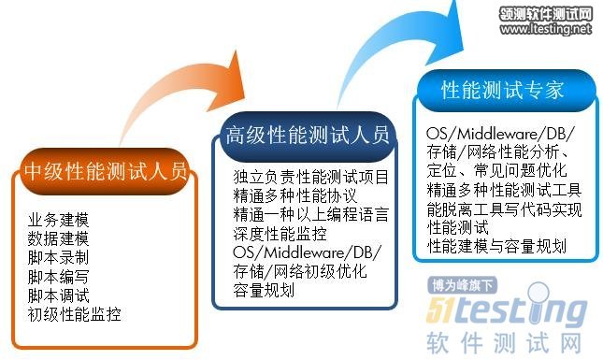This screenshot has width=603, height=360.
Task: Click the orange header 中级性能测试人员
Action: pos(106,171)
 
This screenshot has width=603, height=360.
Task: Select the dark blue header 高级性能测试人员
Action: pos(308,137)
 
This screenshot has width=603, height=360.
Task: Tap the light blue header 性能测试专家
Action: pos(502,91)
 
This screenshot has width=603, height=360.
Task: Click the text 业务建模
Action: pos(59,220)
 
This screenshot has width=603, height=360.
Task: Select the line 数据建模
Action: pos(59,238)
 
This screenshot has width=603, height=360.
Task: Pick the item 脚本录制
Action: pos(59,258)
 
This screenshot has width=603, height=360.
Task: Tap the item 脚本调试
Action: pos(59,295)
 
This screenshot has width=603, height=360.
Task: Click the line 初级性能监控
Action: pos(74,314)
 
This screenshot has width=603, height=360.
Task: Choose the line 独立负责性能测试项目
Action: pos(311,177)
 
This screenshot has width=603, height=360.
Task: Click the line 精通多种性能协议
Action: pos(295,195)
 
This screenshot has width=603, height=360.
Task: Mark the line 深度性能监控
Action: pos(280,234)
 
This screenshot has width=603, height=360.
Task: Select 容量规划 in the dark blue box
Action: pos(264,291)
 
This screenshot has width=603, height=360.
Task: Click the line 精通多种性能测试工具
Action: pos(504,190)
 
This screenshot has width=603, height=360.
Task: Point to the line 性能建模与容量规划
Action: pos(496,246)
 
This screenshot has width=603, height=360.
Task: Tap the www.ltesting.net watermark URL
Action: pos(546,29)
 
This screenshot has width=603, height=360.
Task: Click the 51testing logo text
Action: pos(507,308)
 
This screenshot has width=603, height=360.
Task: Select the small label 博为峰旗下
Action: pos(462,285)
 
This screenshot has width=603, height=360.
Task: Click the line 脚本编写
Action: pos(59,277)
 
